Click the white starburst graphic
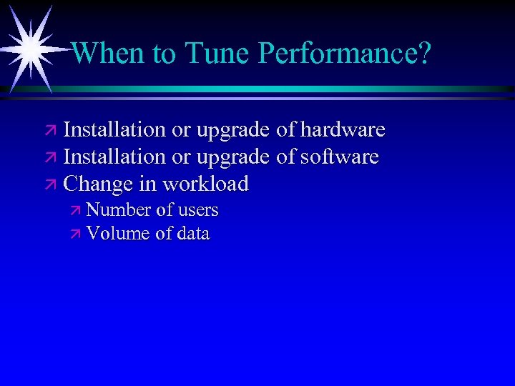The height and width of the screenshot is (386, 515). (x=31, y=47)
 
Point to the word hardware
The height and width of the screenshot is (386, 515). (x=342, y=129)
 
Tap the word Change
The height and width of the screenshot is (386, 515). (x=99, y=184)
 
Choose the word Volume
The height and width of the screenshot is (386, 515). (x=118, y=233)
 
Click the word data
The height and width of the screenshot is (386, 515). (x=193, y=233)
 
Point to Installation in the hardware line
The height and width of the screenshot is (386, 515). (x=114, y=129)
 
